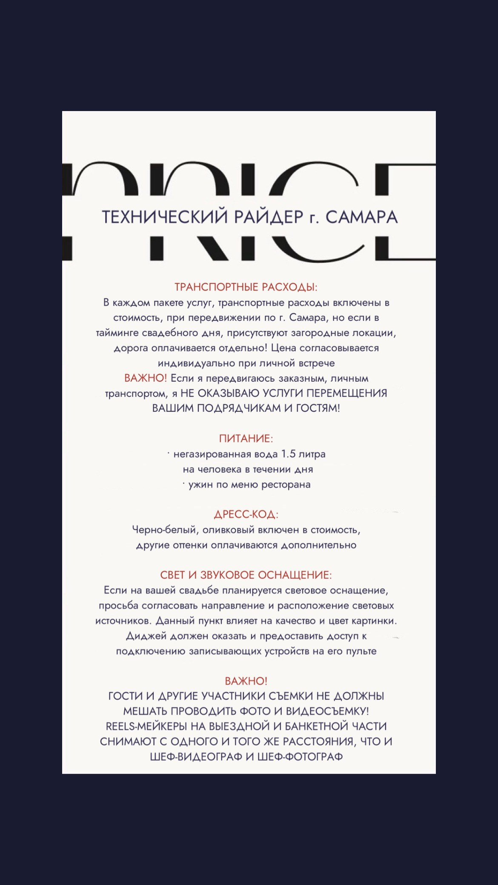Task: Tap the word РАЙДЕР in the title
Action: coord(269,217)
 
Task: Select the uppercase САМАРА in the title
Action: coord(361,217)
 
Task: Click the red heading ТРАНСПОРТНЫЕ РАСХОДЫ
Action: coord(246,287)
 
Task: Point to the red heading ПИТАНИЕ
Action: coord(246,439)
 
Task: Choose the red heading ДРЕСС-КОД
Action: coord(246,514)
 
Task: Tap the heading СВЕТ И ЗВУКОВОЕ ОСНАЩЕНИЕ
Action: coord(246,575)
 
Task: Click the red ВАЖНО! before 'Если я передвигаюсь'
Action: coord(146,378)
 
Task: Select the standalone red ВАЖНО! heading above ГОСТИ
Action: coord(246,681)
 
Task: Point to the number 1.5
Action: coord(288,454)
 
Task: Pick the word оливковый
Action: coord(229,530)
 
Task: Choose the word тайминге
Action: coord(117,333)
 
